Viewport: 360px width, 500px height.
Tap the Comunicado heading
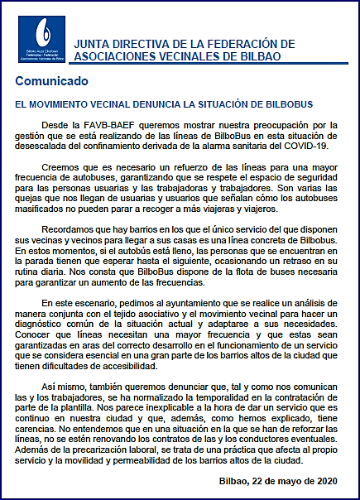(52, 83)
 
